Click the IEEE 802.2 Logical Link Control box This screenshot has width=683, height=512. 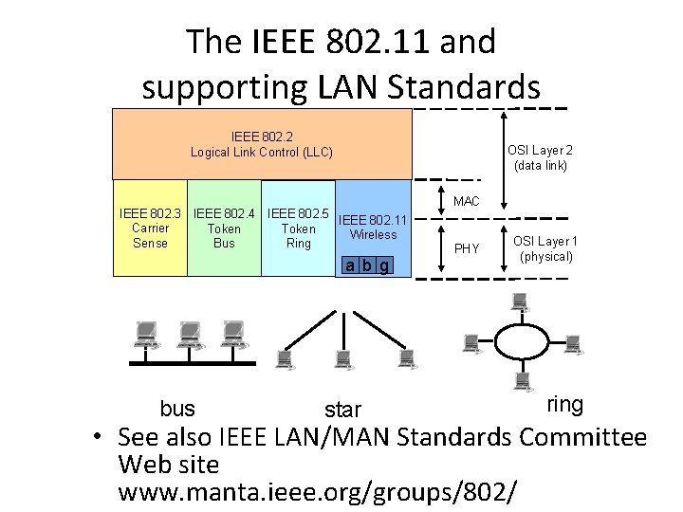262,144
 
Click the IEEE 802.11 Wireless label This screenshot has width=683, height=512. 373,227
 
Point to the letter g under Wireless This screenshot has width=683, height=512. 383,265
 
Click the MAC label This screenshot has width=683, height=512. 467,202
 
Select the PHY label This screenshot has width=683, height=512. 467,249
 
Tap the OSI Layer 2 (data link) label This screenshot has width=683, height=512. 540,157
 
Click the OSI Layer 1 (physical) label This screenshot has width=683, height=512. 544,249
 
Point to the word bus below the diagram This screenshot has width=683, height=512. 177,409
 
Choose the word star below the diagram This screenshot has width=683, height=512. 342,410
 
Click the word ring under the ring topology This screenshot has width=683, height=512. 565,405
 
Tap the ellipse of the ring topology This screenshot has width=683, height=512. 520,341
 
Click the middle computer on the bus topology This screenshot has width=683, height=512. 189,335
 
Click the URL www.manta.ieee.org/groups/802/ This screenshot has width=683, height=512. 318,492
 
